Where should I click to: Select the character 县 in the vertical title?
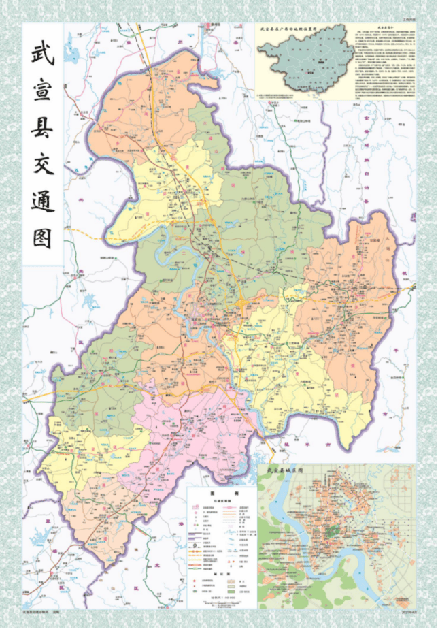pos(42,130)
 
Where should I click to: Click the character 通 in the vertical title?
pos(42,202)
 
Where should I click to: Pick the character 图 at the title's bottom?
pos(42,238)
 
